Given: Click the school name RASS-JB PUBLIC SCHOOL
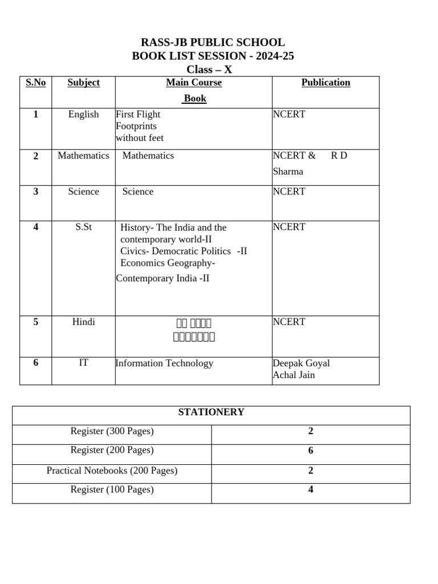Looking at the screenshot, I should pos(213,43).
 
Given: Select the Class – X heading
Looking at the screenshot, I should pos(213,70).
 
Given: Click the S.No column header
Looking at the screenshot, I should pos(35,83).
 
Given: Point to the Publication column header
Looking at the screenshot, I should pos(326,83).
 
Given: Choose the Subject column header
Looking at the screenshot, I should pos(83,83).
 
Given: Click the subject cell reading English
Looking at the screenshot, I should pos(83,115).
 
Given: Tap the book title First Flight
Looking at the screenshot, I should pos(138,115).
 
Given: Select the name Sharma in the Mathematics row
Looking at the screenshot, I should pos(288,172).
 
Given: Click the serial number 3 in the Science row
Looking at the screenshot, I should pos(35,192).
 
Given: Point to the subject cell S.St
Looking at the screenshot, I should pos(83,228).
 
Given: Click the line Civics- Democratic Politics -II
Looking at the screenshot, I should pos(184,252).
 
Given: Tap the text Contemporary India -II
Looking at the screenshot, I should pos(163,278).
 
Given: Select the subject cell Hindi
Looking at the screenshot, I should pos(83,322).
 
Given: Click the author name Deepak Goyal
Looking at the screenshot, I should pos(301,363).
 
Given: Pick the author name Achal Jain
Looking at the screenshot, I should pos(294,375).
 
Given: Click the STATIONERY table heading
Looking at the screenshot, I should pos(211,412).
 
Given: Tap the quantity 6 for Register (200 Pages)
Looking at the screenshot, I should pos(311,451).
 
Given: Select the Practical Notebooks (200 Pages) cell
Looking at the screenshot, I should pos(112,471).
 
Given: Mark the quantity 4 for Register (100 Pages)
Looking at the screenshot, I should pos(311,490).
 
